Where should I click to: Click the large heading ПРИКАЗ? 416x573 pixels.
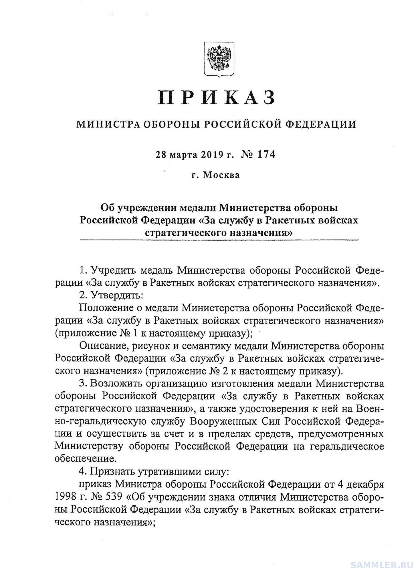point(217,98)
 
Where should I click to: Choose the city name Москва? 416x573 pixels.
point(221,175)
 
